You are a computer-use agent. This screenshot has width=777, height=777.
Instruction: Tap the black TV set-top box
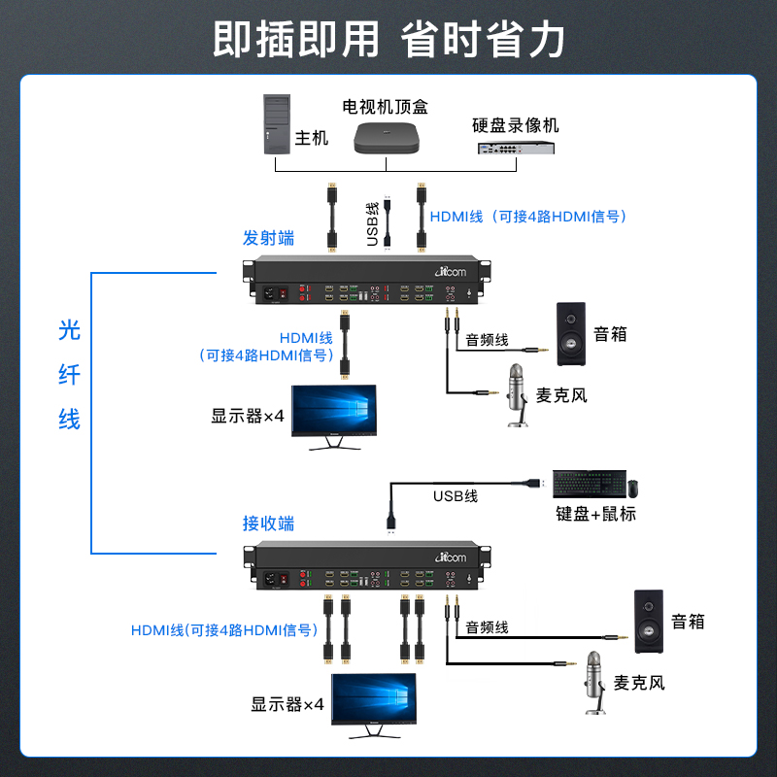[x=386, y=137]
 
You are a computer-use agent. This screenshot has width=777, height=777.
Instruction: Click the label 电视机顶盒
[x=385, y=105]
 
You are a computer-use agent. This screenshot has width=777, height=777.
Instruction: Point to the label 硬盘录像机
[x=516, y=124]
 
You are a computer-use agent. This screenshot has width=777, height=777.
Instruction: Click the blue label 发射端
[x=268, y=238]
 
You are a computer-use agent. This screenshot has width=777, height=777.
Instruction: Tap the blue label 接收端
[x=268, y=524]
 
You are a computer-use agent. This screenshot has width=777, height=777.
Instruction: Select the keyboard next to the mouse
[x=584, y=484]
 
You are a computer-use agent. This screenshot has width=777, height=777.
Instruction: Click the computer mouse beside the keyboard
[x=632, y=486]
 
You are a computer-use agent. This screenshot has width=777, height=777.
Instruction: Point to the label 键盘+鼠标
[x=596, y=514]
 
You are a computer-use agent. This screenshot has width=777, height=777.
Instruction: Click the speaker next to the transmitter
[x=571, y=334]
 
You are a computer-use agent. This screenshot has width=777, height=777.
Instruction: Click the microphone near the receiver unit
[x=591, y=681]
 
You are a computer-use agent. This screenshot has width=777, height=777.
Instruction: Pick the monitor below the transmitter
[x=333, y=416]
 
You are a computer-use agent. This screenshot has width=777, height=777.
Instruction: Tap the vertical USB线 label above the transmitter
[x=372, y=223]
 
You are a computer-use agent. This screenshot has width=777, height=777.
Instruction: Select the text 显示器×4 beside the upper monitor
[x=248, y=416]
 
